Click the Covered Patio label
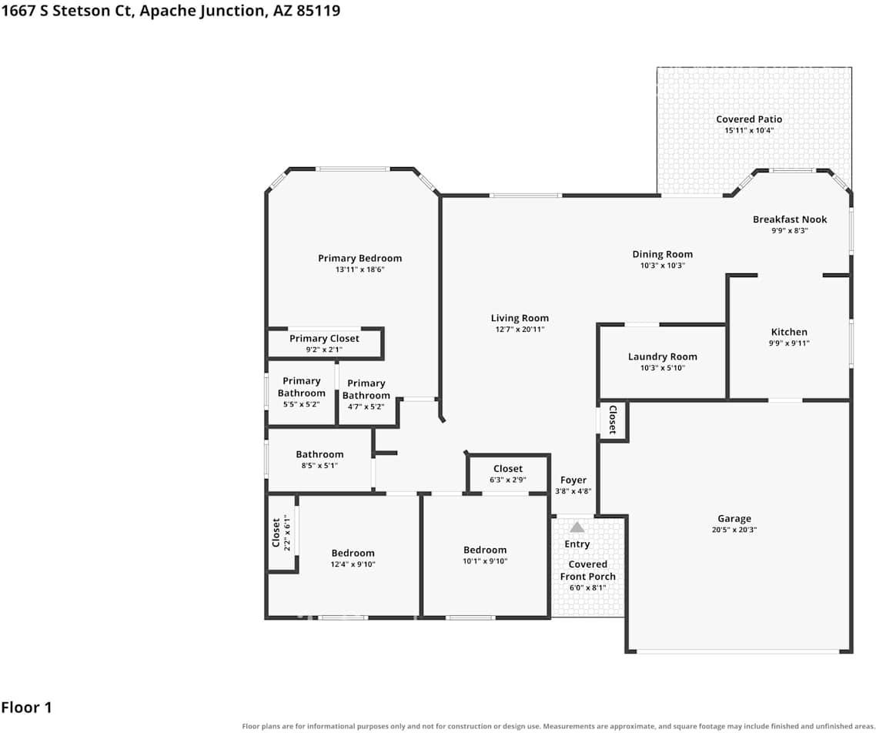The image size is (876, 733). pyautogui.click(x=749, y=119)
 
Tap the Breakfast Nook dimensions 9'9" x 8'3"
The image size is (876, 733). pyautogui.click(x=790, y=231)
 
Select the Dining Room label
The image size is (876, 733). pyautogui.click(x=662, y=254)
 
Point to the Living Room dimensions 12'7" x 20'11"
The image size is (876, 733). pyautogui.click(x=520, y=330)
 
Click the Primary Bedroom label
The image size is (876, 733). pyautogui.click(x=359, y=258)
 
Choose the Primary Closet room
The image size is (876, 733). pyautogui.click(x=325, y=343)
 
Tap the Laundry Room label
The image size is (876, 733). pyautogui.click(x=662, y=356)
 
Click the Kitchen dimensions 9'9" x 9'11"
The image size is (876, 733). pyautogui.click(x=789, y=343)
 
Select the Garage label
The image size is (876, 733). pyautogui.click(x=734, y=518)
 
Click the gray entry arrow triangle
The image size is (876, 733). pyautogui.click(x=577, y=527)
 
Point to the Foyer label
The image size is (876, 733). pyautogui.click(x=573, y=480)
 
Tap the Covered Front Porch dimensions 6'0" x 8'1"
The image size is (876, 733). pyautogui.click(x=588, y=587)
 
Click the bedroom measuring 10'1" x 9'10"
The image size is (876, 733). pyautogui.click(x=485, y=555)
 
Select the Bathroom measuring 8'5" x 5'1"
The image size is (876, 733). pyautogui.click(x=319, y=460)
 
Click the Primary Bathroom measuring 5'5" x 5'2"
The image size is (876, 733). pyautogui.click(x=302, y=392)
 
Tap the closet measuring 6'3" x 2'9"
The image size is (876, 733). pyautogui.click(x=508, y=474)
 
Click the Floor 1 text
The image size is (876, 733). pyautogui.click(x=26, y=708)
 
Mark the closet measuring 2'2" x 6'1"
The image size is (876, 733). pyautogui.click(x=282, y=533)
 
